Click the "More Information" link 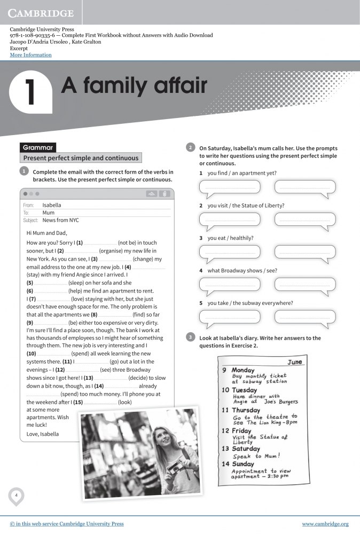pyautogui.click(x=30, y=55)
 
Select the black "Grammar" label pyautogui.click(x=37, y=147)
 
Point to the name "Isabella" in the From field pyautogui.click(x=52, y=205)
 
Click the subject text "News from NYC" pyautogui.click(x=60, y=220)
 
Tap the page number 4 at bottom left pyautogui.click(x=16, y=496)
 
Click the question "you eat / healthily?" pyautogui.click(x=230, y=238)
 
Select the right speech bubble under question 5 pyautogui.click(x=305, y=317)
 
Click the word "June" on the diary pyautogui.click(x=294, y=362)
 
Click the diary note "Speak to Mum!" pyautogui.click(x=256, y=457)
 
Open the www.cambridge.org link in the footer pyautogui.click(x=325, y=524)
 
